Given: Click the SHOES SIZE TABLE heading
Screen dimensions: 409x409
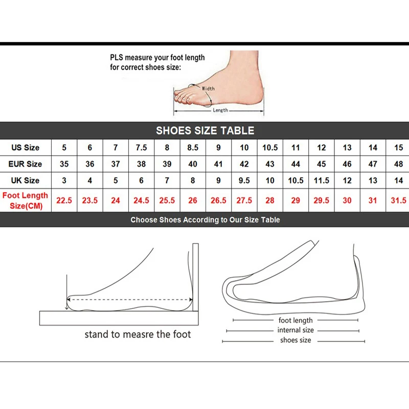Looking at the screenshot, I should pyautogui.click(x=204, y=130).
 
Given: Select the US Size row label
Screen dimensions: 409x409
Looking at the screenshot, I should pyautogui.click(x=25, y=148).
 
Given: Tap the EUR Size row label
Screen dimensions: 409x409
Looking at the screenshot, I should pyautogui.click(x=25, y=164).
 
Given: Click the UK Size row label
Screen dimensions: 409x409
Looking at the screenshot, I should pyautogui.click(x=25, y=180).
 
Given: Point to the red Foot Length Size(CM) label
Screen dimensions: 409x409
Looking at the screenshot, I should pyautogui.click(x=25, y=200).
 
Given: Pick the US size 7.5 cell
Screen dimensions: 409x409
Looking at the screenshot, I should pyautogui.click(x=141, y=148).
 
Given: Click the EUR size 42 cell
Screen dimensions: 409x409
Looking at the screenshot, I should pyautogui.click(x=244, y=164).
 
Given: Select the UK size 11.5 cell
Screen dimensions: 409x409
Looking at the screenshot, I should pyautogui.click(x=322, y=180).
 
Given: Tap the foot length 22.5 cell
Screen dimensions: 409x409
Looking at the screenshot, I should pyautogui.click(x=64, y=200).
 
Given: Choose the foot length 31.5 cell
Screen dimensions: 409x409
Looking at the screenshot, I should pyautogui.click(x=398, y=200).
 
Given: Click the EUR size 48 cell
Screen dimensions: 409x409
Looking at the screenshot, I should pyautogui.click(x=398, y=164).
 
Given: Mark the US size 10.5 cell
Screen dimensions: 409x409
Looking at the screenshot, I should pyautogui.click(x=270, y=148).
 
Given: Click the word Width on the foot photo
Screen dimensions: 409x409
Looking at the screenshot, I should pyautogui.click(x=208, y=88).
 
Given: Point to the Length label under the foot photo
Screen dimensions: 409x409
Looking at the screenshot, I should pyautogui.click(x=220, y=110).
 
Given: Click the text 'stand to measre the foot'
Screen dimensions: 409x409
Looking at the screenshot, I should pyautogui.click(x=138, y=334).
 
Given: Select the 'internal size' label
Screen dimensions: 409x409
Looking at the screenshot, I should pyautogui.click(x=296, y=330).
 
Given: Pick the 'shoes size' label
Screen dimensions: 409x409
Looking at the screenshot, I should pyautogui.click(x=295, y=340).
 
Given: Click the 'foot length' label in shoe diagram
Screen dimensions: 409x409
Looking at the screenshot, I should pyautogui.click(x=296, y=321).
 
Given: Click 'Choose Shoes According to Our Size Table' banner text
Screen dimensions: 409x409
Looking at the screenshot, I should pyautogui.click(x=204, y=220).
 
